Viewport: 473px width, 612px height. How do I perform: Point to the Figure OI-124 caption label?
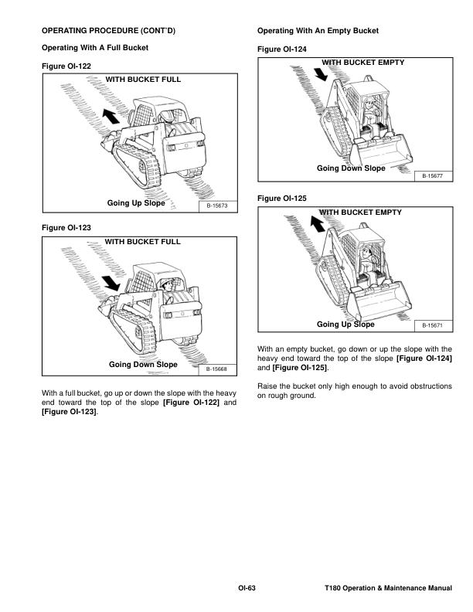click(282, 49)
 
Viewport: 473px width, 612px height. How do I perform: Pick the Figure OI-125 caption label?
click(282, 199)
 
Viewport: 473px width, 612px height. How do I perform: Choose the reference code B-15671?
click(434, 325)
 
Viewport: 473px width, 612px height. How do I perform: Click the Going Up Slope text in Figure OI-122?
click(136, 203)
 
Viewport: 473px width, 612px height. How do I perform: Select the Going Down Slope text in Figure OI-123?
click(143, 364)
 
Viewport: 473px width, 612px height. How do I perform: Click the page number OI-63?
click(247, 590)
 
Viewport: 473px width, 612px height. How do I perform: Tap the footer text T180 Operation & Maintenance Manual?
click(388, 590)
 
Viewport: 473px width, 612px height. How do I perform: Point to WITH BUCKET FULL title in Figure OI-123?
click(142, 241)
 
